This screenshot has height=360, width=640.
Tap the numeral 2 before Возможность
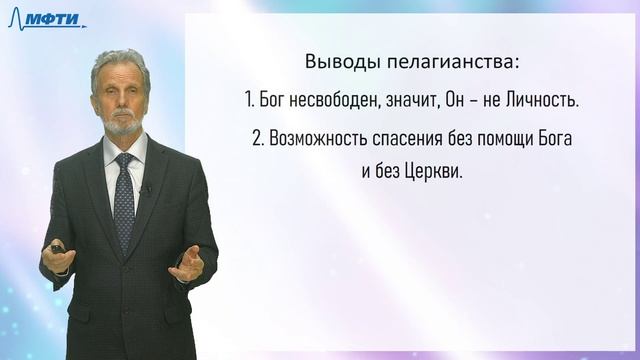point(257,137)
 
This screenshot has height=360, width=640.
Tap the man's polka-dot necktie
point(124,200)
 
